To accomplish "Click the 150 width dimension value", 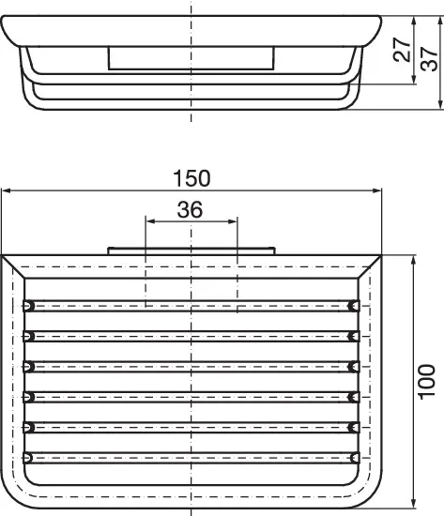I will [x=191, y=176].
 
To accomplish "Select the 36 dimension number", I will [x=191, y=209].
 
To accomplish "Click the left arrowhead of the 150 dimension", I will [x=6, y=190].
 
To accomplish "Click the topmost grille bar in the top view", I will [x=191, y=305].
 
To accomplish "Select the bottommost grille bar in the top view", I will [x=191, y=457].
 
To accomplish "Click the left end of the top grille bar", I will [x=29, y=305].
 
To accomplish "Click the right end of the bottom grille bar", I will [x=354, y=457].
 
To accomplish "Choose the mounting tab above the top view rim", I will [x=191, y=250].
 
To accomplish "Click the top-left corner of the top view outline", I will [x=3, y=255].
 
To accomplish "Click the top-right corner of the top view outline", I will [x=380, y=255].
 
